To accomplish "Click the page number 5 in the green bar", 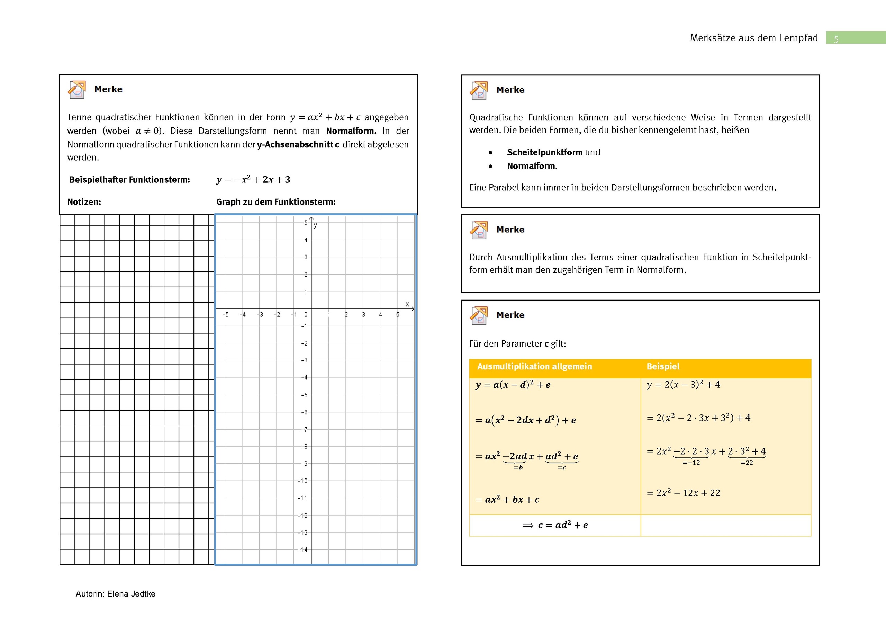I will (x=836, y=39).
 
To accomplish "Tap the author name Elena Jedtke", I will (x=131, y=594).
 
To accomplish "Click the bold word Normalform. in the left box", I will (x=351, y=131).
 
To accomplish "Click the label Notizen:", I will (x=84, y=202).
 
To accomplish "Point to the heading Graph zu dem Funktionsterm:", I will (x=275, y=202).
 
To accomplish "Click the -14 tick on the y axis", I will (x=303, y=550).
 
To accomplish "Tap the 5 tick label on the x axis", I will (x=397, y=315).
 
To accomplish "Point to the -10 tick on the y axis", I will (x=303, y=481).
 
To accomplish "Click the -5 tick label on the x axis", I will (x=226, y=315).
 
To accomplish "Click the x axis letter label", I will (x=407, y=304).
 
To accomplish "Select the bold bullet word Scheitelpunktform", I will (x=544, y=152).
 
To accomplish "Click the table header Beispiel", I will (x=663, y=366).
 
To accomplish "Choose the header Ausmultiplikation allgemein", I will (x=534, y=366).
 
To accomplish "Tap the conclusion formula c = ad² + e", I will (x=556, y=525).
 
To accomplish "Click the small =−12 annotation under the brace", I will (x=691, y=463).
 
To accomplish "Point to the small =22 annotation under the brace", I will (x=747, y=463).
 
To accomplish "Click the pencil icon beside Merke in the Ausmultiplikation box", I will (x=479, y=315).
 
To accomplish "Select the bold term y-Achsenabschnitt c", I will (x=298, y=144).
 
